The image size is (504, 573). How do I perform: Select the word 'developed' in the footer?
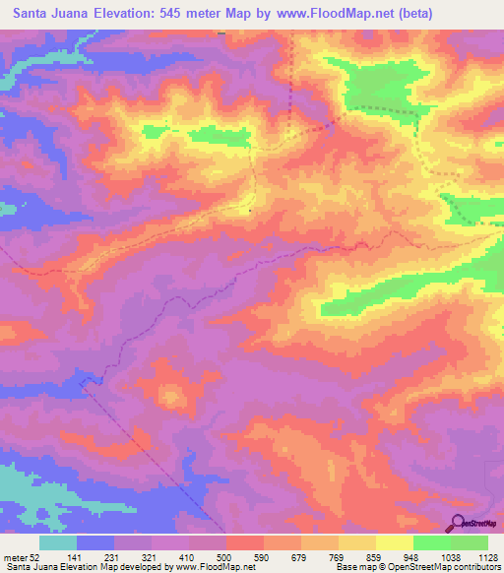pos(145,566)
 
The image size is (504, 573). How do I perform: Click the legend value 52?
pos(35,556)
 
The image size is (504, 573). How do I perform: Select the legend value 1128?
pos(489,556)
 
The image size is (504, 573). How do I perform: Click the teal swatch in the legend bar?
pos(58,542)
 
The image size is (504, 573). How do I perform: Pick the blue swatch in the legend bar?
pos(95,542)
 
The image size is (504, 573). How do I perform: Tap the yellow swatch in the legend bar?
pos(395,542)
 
